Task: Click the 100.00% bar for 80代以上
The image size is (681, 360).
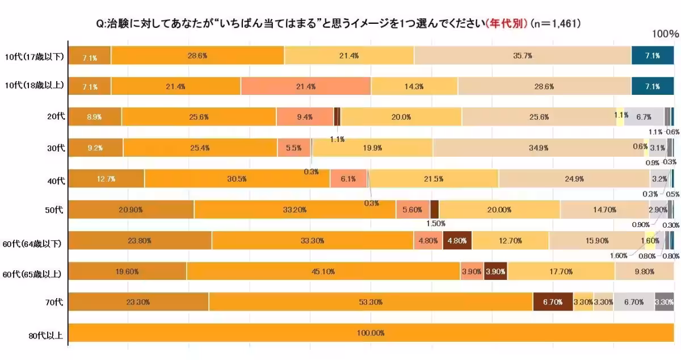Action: point(371,333)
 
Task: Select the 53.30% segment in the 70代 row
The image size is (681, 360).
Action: point(371,302)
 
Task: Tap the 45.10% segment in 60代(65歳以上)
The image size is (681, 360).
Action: point(323,271)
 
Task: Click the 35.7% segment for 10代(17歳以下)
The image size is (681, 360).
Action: point(522,56)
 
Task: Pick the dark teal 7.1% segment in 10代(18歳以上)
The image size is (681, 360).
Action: point(652,86)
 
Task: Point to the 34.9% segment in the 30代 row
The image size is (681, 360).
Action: point(538,148)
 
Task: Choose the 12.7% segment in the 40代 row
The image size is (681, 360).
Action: point(106,178)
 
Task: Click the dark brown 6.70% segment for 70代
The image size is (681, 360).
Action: point(552,302)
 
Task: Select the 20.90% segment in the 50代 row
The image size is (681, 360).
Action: point(131,209)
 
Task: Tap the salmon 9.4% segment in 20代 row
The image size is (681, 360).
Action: point(305,117)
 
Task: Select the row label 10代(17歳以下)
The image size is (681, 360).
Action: point(34,56)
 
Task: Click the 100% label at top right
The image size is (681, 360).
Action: point(665,34)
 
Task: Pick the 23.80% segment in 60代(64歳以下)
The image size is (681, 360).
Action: point(140,241)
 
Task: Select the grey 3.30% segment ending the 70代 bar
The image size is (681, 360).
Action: point(664,302)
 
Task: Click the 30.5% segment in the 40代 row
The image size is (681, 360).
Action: point(237,178)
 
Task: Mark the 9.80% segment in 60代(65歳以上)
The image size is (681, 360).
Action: point(644,271)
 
